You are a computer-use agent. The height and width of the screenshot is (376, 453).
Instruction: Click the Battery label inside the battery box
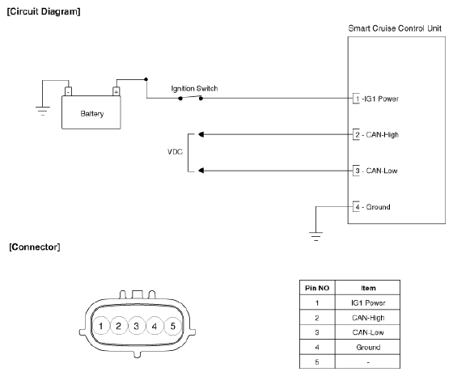coord(92,113)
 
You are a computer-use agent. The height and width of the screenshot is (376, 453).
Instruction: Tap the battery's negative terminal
coord(68,91)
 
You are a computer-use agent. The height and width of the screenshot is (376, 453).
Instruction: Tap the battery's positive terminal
coord(116,91)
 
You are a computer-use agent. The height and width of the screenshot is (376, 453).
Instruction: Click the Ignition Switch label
coord(194,88)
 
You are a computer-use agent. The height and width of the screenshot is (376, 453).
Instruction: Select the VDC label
coord(175,152)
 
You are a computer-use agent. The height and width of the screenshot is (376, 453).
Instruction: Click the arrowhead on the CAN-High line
coord(201,134)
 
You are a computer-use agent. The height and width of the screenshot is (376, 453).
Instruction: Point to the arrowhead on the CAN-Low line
coord(201,171)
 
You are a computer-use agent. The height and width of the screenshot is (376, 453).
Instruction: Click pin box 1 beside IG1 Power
coord(356,99)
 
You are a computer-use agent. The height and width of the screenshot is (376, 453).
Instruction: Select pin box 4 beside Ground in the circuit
coord(356,207)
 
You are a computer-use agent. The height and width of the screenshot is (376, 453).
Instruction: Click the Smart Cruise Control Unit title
coord(395,28)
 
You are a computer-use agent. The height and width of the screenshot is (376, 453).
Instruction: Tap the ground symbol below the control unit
coord(315,236)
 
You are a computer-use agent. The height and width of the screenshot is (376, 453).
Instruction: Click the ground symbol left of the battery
coord(43,112)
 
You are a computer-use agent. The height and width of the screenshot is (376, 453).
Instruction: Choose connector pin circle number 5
coord(173,326)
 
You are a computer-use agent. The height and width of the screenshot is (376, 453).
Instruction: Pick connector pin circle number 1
coord(101,326)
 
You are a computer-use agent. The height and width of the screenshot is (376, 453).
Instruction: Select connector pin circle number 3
coord(137,326)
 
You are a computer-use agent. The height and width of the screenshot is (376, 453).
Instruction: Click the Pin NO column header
coord(317,288)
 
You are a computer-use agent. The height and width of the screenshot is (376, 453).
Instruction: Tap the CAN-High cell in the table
coord(368,318)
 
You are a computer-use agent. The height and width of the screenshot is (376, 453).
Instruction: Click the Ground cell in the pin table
coord(368,347)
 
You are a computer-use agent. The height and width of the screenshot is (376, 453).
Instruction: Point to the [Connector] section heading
coord(35,247)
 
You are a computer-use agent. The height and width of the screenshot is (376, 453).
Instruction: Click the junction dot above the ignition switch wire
coord(146,79)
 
